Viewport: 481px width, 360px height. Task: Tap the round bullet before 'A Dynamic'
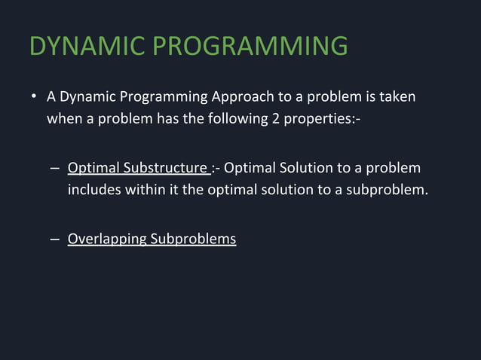click(x=34, y=99)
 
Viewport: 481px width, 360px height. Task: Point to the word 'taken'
click(x=397, y=98)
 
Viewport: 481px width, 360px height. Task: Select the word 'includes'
click(x=93, y=188)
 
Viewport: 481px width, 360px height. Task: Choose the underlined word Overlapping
click(x=107, y=240)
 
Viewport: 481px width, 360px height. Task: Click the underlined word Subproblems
click(x=193, y=240)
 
